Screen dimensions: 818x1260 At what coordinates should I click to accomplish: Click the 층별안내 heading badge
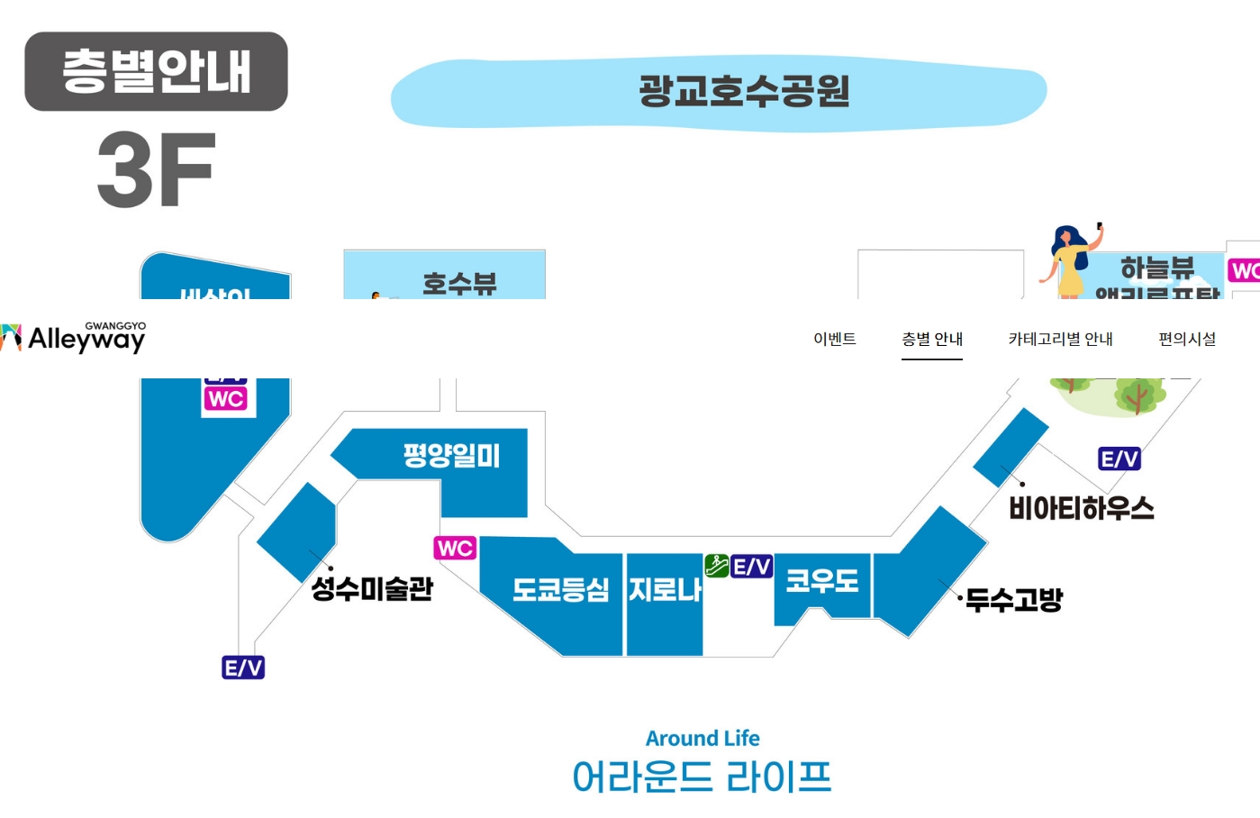tap(156, 71)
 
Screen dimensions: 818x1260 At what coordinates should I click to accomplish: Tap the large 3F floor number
tap(157, 169)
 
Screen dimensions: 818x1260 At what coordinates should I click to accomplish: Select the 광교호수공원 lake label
tap(744, 92)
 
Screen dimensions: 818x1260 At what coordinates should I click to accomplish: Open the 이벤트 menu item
tap(834, 339)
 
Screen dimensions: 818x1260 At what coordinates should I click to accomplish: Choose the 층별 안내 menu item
tap(932, 339)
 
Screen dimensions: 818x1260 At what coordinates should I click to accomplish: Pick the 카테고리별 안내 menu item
tap(1060, 339)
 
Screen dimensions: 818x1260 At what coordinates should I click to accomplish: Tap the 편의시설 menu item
tap(1187, 339)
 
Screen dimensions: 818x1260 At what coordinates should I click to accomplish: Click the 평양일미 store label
tap(451, 455)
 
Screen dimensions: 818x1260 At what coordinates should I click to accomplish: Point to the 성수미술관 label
tap(372, 589)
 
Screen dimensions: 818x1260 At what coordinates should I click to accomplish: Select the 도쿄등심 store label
tap(560, 590)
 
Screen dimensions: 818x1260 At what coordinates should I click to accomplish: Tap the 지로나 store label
tap(665, 590)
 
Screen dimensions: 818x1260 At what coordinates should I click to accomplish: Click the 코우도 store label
tap(821, 581)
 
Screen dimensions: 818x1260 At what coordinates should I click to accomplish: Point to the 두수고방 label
tap(1014, 600)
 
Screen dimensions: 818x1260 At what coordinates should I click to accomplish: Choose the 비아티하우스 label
tap(1081, 509)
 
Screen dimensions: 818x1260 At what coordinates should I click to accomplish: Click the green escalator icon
tap(717, 566)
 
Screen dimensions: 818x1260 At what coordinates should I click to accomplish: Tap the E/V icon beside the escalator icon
tap(751, 567)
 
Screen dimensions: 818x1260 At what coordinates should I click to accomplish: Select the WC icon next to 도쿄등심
tap(455, 548)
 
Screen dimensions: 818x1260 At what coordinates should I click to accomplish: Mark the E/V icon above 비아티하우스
tap(1119, 459)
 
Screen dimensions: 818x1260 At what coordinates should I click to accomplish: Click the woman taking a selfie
tap(1072, 261)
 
